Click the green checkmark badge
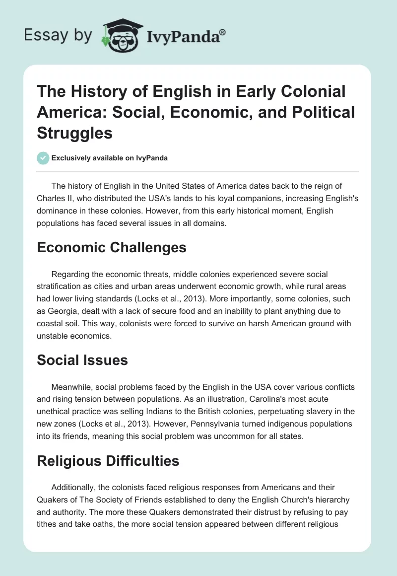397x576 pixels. (43, 158)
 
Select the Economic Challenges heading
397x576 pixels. (112, 248)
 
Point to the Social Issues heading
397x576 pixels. (82, 360)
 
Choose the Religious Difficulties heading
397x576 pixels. (108, 461)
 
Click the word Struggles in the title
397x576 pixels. (74, 133)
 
